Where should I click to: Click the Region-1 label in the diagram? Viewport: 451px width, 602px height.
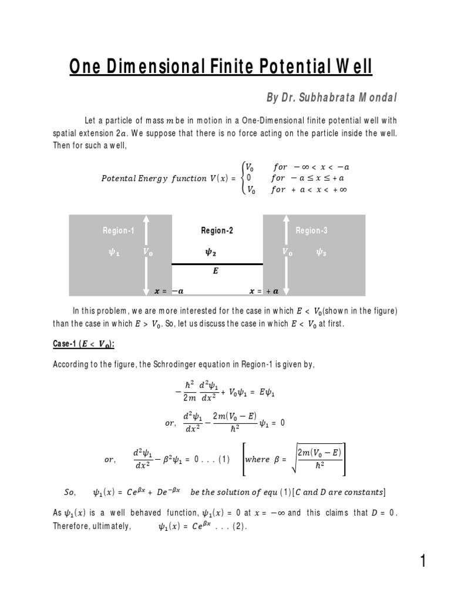click(118, 231)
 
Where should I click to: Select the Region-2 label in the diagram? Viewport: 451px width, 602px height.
click(217, 231)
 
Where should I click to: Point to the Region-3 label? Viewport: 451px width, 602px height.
click(312, 231)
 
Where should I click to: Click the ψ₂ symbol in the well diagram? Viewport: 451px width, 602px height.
click(209, 252)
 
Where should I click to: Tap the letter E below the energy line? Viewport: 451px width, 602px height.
click(217, 272)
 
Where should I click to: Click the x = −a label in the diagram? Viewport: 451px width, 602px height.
click(169, 290)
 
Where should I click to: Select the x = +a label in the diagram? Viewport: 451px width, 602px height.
click(264, 290)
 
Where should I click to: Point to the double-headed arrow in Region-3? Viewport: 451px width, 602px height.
click(287, 255)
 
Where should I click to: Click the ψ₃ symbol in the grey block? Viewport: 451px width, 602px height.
click(321, 252)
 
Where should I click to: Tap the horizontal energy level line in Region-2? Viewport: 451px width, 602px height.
click(217, 265)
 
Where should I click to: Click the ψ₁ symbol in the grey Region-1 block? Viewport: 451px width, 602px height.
click(113, 252)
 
